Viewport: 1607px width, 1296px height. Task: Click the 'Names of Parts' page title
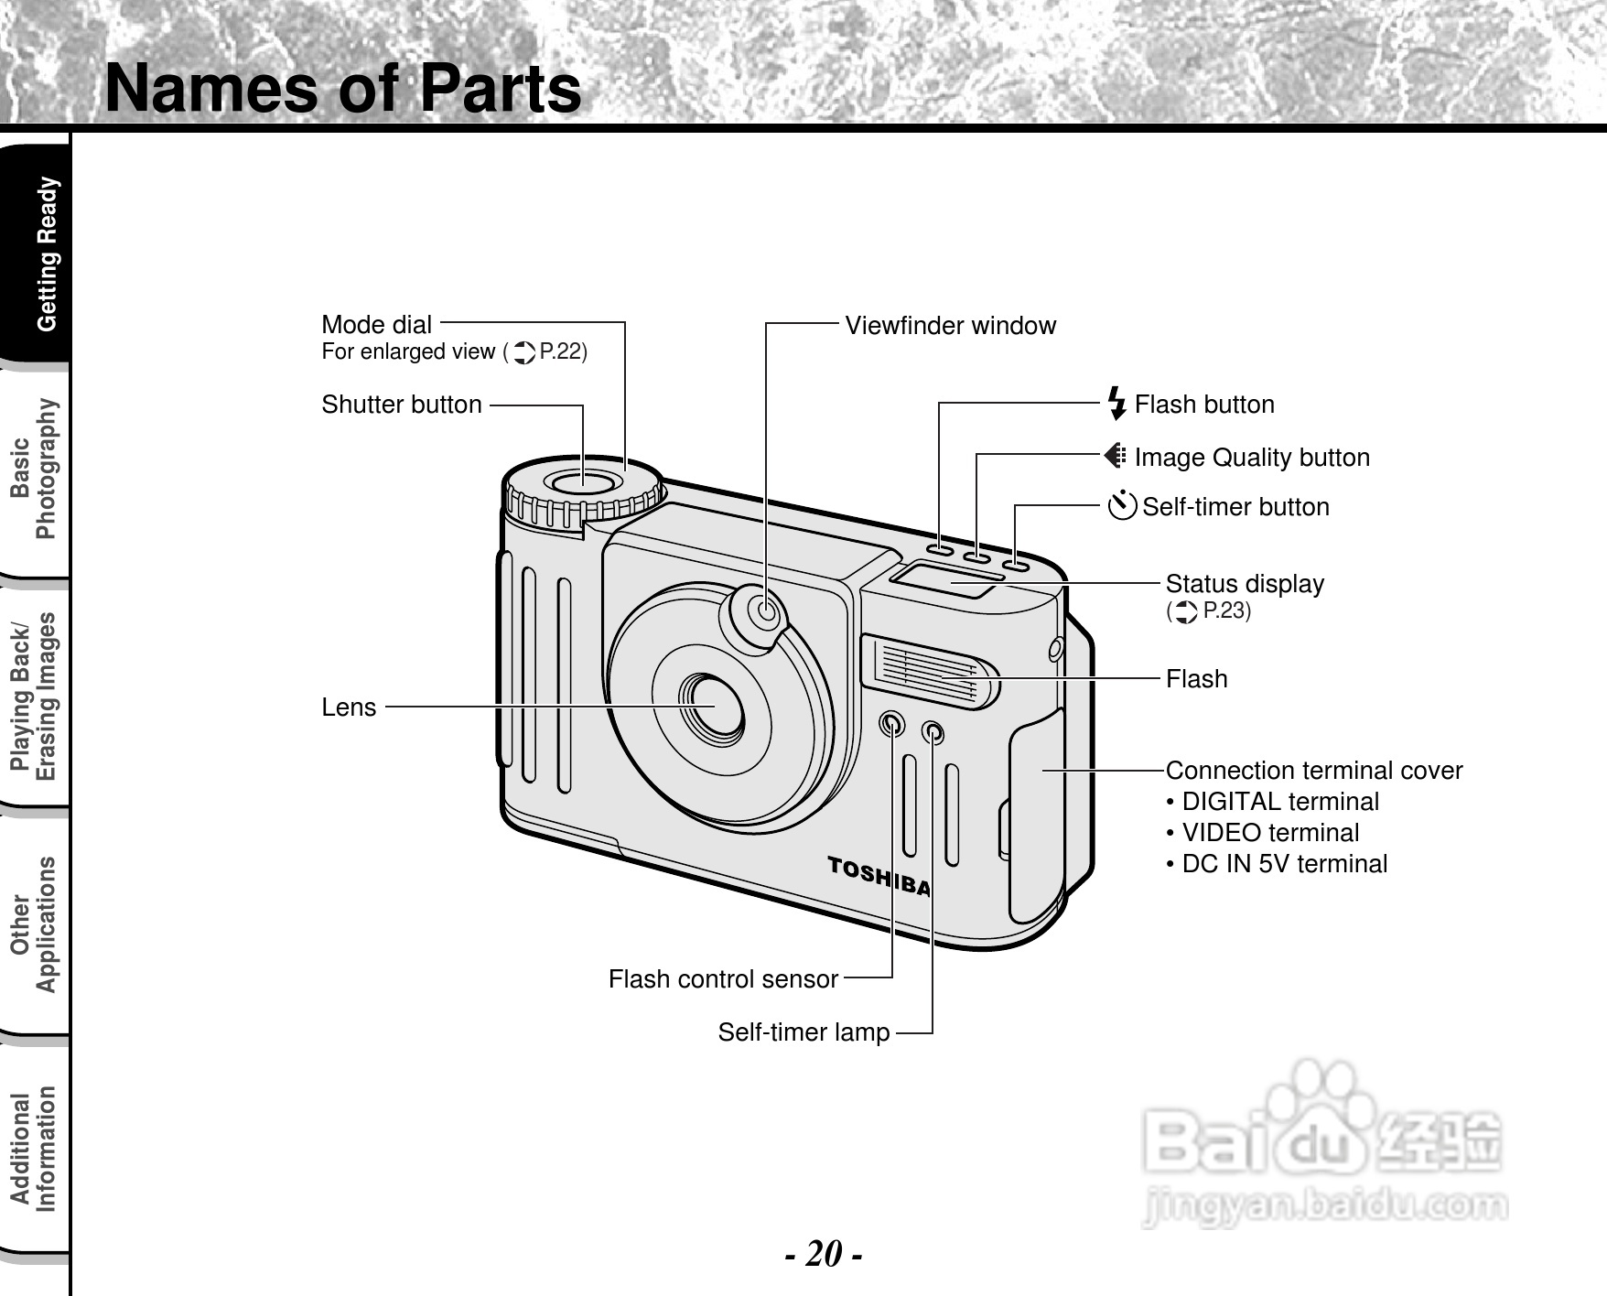click(343, 89)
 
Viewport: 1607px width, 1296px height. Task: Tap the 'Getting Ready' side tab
click(46, 254)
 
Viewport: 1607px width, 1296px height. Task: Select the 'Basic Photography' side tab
click(34, 470)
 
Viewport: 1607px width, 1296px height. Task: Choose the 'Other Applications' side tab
click(34, 924)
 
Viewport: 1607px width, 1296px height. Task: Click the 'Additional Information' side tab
click(34, 1150)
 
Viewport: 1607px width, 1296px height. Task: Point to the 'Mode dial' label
click(376, 325)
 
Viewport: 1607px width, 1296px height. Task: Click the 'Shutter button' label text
click(401, 405)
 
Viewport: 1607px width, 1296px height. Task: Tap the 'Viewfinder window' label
click(950, 326)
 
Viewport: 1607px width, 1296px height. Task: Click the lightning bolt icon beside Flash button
click(1116, 404)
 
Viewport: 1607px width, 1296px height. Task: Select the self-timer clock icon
click(1122, 505)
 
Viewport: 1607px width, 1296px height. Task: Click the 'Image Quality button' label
click(1251, 458)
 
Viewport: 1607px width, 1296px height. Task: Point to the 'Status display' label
click(1245, 584)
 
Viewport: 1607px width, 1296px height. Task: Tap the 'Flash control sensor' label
click(723, 979)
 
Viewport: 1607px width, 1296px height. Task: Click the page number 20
click(824, 1253)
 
